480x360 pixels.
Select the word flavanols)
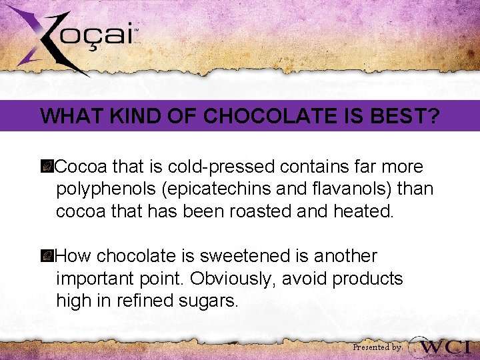(x=347, y=189)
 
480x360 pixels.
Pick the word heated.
(x=366, y=211)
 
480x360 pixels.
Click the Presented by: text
(x=377, y=347)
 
